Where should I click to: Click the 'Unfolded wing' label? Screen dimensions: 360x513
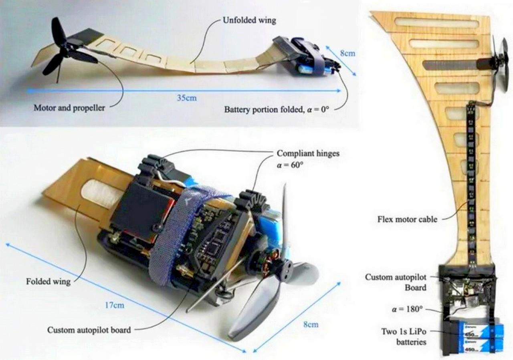click(x=249, y=20)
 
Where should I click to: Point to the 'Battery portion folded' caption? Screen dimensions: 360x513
click(x=277, y=109)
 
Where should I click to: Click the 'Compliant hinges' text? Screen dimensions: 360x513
click(x=308, y=153)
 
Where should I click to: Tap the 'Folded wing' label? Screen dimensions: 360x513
click(x=48, y=282)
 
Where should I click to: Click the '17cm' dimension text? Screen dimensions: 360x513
click(x=115, y=305)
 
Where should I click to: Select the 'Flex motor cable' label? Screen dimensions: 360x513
click(x=408, y=219)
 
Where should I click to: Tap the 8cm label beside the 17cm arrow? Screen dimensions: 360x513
click(x=310, y=324)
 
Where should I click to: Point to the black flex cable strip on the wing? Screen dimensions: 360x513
click(x=471, y=180)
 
